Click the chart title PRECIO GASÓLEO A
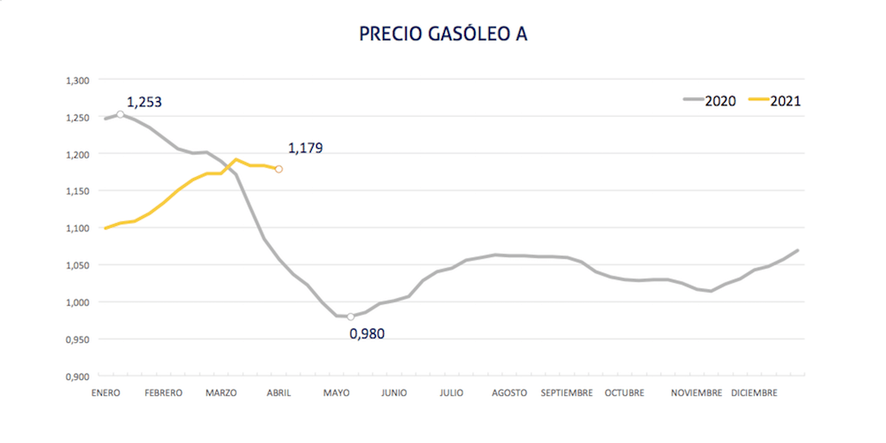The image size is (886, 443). point(443,34)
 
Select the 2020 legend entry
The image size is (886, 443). point(710,100)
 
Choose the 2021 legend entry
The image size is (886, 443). point(776,100)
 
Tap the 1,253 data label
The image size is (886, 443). point(144,102)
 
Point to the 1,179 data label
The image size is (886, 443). point(306,148)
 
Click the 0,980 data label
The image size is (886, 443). point(369,333)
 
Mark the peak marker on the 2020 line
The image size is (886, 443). point(120,114)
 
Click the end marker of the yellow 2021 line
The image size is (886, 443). point(279,168)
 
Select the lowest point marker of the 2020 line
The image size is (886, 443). point(351,316)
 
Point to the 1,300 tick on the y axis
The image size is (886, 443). point(78,81)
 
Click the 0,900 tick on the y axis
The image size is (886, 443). point(78,377)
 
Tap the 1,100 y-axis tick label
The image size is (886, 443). point(78,229)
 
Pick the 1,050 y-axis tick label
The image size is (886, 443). point(78,266)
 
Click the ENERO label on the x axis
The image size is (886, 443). point(105,392)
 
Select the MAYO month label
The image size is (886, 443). point(337,392)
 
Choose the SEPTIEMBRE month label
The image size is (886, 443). point(567,392)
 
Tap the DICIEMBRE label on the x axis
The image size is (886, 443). point(754,392)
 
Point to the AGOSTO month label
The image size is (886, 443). point(509,392)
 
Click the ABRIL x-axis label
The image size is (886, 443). point(278,392)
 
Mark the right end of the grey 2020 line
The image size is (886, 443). point(798,250)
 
